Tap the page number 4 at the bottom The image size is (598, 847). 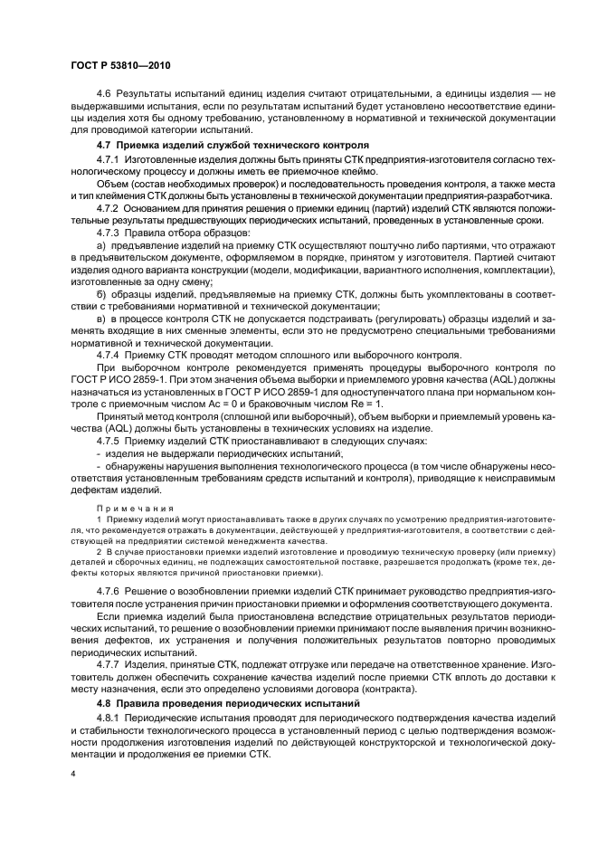(72, 775)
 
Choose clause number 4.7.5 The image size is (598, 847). (109, 441)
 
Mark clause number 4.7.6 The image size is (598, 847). (109, 590)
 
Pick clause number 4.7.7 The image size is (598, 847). (109, 663)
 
